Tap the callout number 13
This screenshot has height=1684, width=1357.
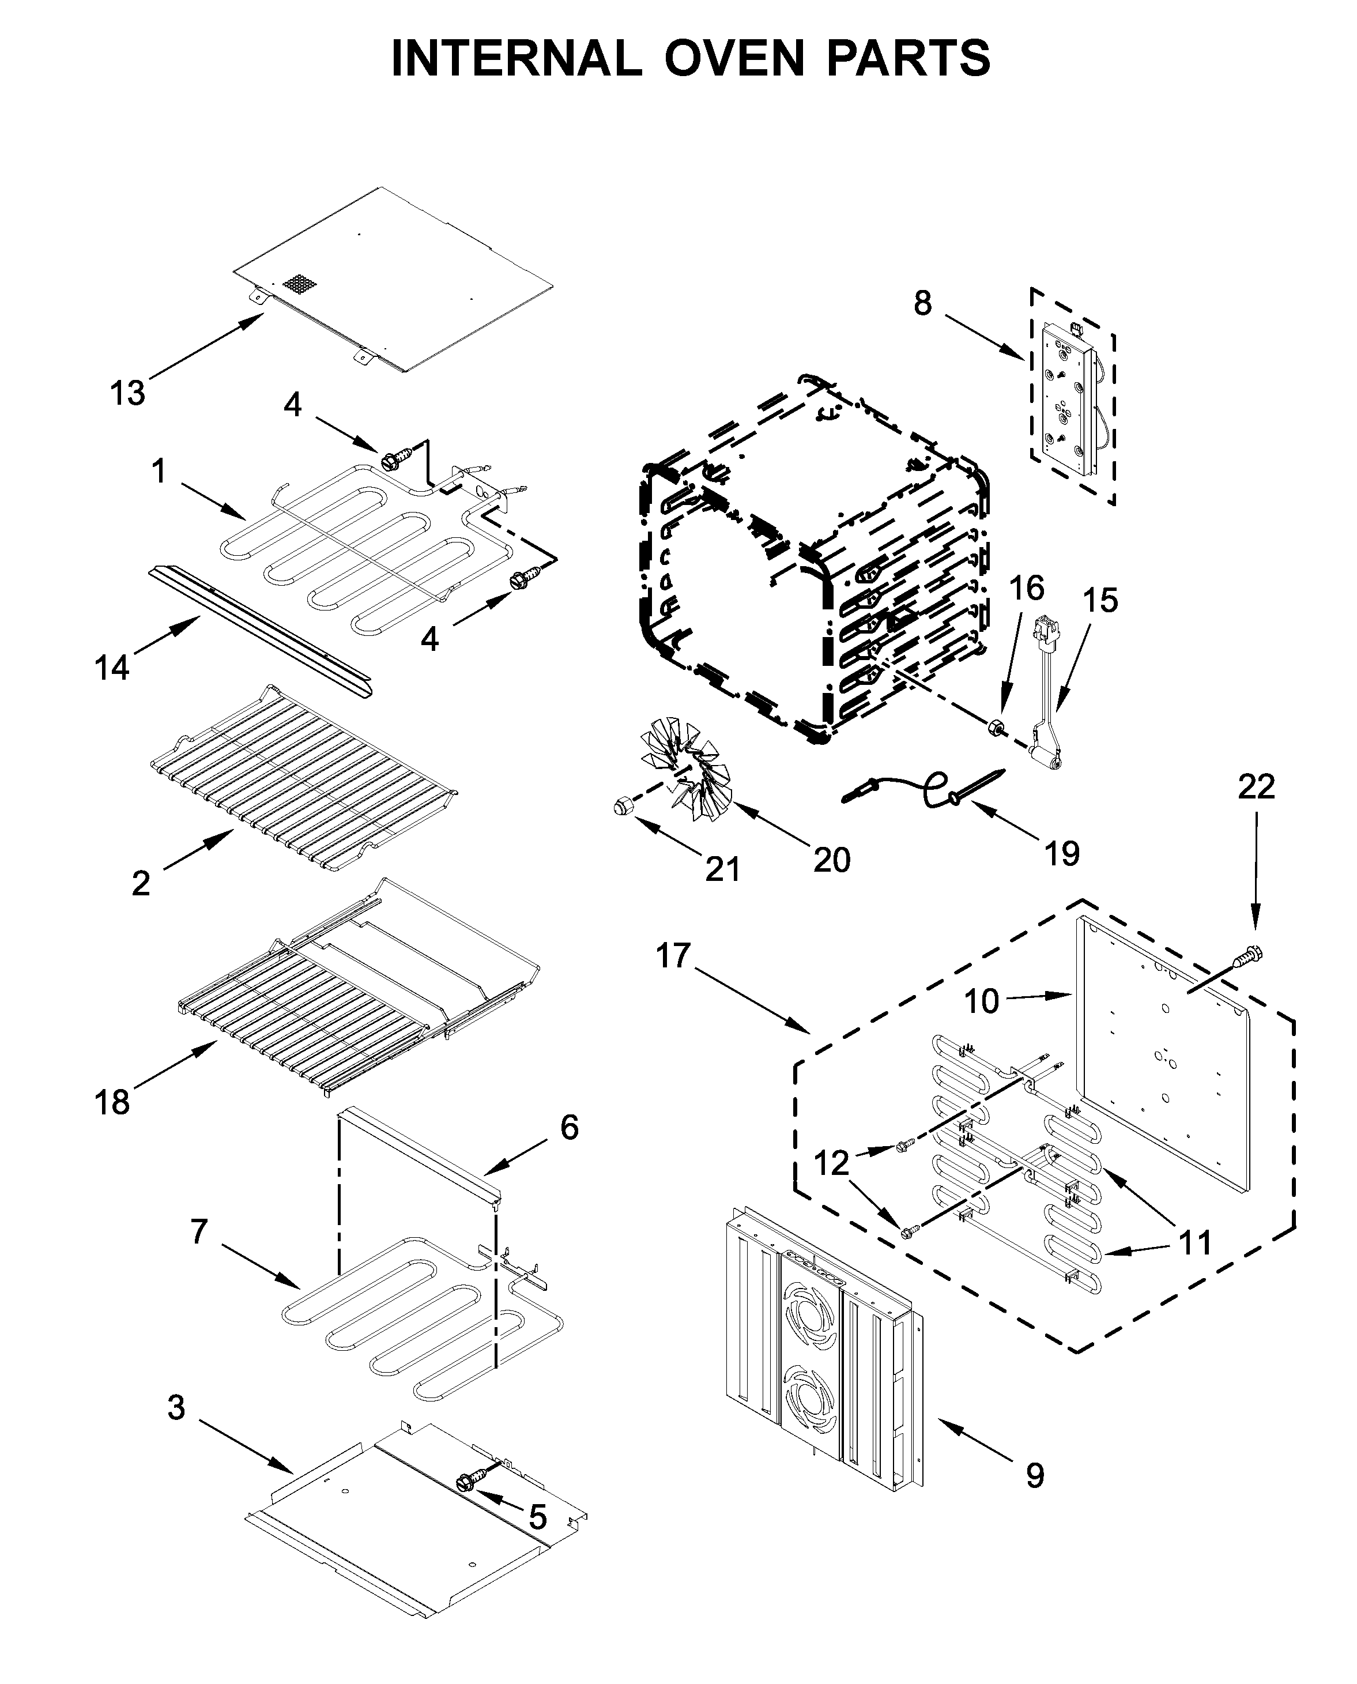pyautogui.click(x=127, y=393)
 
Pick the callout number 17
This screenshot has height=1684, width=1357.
pyautogui.click(x=673, y=955)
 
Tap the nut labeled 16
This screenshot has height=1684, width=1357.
pyautogui.click(x=997, y=726)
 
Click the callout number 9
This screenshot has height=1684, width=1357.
pyautogui.click(x=1034, y=1476)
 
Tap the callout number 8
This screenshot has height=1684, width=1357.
pyautogui.click(x=922, y=303)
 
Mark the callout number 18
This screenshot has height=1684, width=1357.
pyautogui.click(x=112, y=1102)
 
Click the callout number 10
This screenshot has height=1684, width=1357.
pyautogui.click(x=981, y=1001)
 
